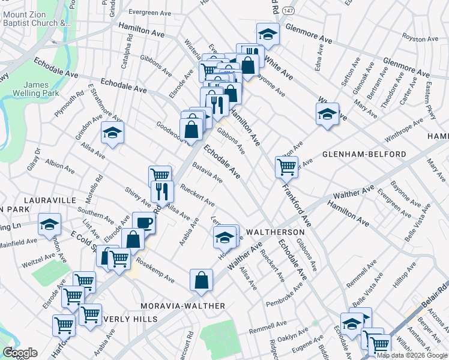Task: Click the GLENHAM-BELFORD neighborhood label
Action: [364, 154]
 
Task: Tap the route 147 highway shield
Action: [289, 11]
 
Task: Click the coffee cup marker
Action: [143, 221]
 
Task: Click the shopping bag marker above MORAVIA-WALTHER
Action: [201, 279]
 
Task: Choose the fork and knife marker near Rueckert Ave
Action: [162, 190]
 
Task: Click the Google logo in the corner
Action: [20, 353]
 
